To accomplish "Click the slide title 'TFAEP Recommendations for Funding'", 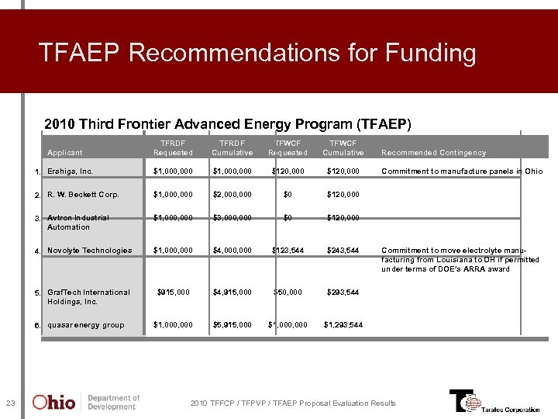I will pos(257,54).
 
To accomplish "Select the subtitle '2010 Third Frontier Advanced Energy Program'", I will pos(228,124).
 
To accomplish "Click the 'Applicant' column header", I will pos(64,153).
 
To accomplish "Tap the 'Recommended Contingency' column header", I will pos(433,153).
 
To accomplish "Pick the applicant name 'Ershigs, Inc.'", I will pos(70,171).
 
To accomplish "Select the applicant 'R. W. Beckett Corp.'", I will pos(83,195).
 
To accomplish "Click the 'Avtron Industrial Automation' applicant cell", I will pos(77,223).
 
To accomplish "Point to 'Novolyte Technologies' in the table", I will pos(89,251).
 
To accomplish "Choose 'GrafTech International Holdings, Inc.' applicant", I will pos(88,297).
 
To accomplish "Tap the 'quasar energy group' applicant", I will pos(85,325).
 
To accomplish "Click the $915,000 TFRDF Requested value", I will pos(173,293).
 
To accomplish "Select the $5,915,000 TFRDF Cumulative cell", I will pos(232,325).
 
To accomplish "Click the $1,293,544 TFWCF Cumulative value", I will pos(341,325).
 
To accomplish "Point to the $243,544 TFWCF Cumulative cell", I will pos(343,251).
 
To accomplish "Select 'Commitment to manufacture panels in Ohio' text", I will pos(462,171).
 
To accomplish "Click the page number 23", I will pos(10,403).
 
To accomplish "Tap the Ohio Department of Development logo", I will pos(85,402).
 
